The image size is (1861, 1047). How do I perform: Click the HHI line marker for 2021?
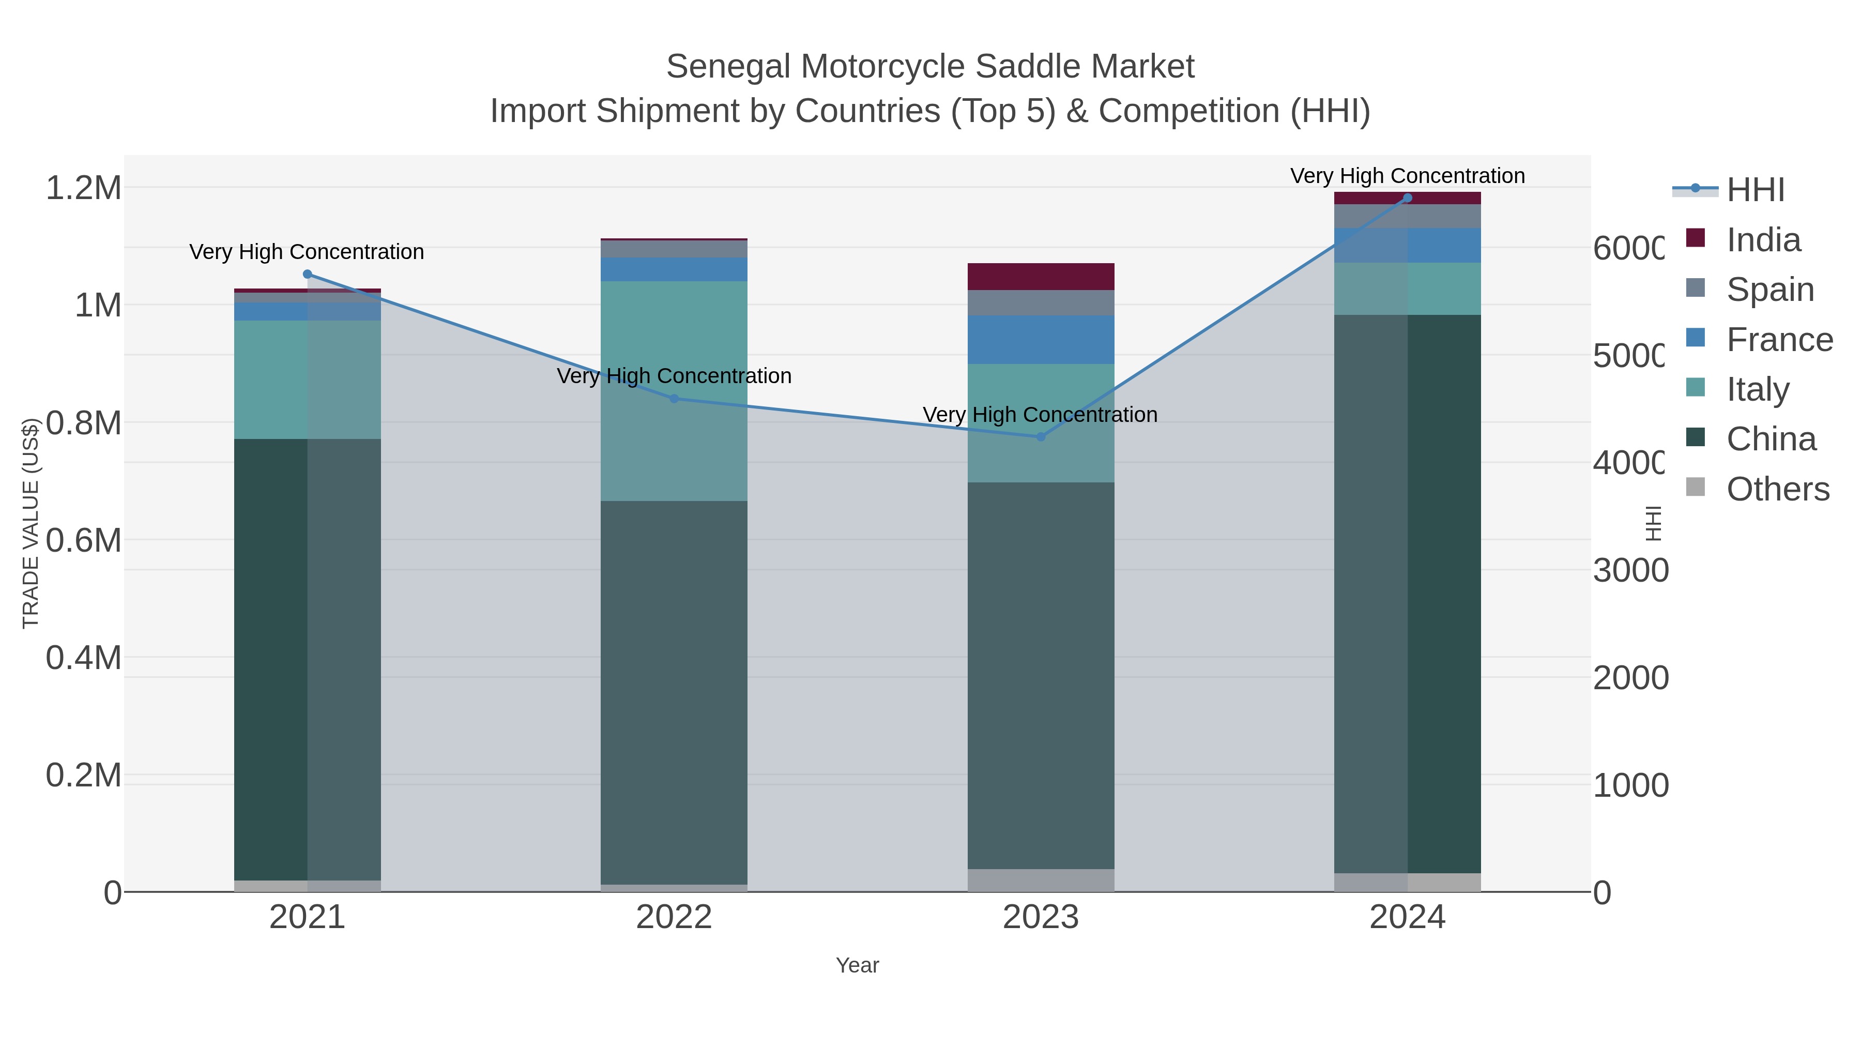[x=307, y=274]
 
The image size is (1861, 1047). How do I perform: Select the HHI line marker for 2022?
[x=674, y=398]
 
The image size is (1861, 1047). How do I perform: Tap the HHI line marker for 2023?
[x=1040, y=436]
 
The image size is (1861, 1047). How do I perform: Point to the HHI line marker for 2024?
[x=1407, y=198]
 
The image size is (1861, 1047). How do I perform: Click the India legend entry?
[x=1763, y=240]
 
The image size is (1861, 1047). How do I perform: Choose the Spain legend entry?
[x=1770, y=290]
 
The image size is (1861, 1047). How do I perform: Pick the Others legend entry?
[x=1777, y=489]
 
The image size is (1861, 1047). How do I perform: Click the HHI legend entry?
[x=1755, y=190]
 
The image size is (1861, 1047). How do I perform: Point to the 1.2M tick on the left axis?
[x=84, y=188]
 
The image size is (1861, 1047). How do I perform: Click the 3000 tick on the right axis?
[x=1630, y=571]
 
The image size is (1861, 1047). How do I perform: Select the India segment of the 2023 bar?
[x=1040, y=277]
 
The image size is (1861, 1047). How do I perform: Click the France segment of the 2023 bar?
[x=1040, y=340]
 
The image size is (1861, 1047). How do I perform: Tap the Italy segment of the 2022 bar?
[x=674, y=390]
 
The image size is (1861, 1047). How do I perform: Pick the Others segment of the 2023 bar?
[x=1040, y=880]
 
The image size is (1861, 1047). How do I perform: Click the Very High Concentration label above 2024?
[x=1407, y=176]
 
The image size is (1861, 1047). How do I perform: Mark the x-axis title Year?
[x=857, y=965]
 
